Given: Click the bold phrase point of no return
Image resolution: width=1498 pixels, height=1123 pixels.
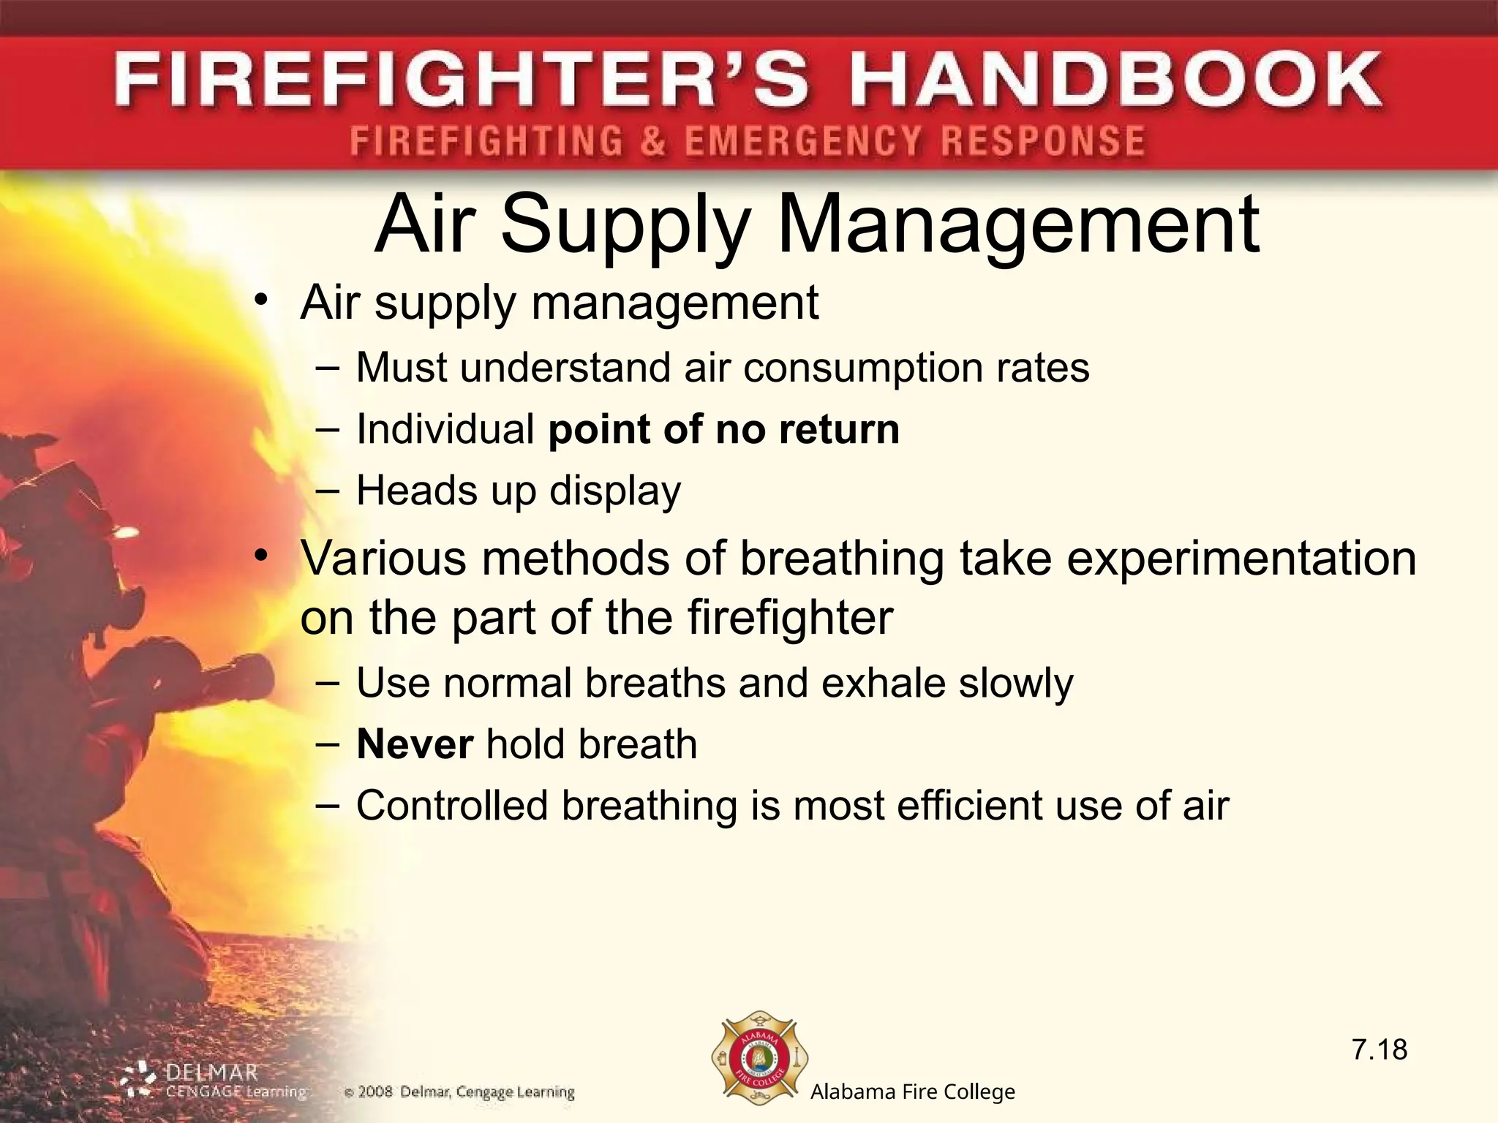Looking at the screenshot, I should coord(723,429).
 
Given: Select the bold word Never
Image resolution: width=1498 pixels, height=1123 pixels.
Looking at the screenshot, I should coord(415,744).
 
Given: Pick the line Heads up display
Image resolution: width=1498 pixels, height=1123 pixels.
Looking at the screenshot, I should coord(518,491).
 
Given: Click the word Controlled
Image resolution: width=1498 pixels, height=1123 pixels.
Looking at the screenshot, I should coord(452,806).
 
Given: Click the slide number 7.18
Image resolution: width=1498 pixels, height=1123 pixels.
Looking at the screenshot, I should coord(1379,1050).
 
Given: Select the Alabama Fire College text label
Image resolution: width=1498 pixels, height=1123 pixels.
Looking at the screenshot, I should coord(912,1092).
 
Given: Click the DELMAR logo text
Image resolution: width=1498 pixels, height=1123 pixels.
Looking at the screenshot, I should coord(212,1073).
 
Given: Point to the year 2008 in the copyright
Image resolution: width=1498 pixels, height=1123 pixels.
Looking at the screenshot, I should coord(375,1092).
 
